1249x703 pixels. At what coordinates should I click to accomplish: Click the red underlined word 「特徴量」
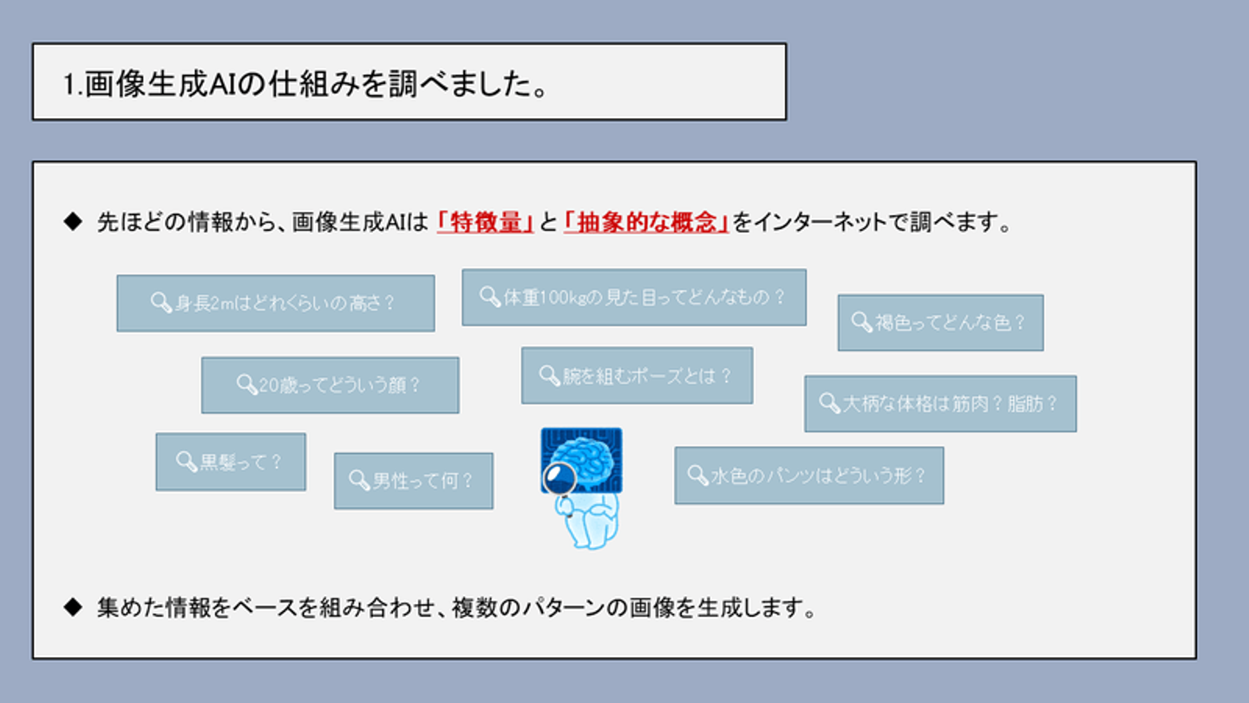click(484, 223)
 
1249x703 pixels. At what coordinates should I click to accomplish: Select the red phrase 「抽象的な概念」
click(645, 223)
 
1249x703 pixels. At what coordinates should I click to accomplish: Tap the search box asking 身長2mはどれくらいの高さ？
click(276, 303)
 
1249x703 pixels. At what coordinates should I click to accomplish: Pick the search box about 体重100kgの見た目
click(633, 298)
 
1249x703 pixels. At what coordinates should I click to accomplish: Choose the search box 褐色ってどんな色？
click(940, 323)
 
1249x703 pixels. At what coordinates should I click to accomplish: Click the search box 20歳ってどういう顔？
click(330, 385)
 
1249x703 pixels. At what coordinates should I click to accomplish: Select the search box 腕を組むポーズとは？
click(637, 376)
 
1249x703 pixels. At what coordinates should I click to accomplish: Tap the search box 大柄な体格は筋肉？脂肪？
click(940, 404)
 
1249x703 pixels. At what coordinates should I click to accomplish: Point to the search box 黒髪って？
click(231, 462)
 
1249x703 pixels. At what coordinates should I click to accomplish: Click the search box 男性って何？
click(413, 481)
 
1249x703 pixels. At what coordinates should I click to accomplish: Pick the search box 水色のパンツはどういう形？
click(808, 476)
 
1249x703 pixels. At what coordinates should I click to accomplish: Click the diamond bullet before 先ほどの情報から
click(73, 222)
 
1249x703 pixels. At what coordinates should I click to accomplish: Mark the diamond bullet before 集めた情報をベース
click(73, 608)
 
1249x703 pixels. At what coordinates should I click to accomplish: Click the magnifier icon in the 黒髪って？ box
click(186, 461)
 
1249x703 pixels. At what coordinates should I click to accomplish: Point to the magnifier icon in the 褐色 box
click(861, 322)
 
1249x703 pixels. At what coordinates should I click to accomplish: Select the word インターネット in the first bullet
click(821, 223)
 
